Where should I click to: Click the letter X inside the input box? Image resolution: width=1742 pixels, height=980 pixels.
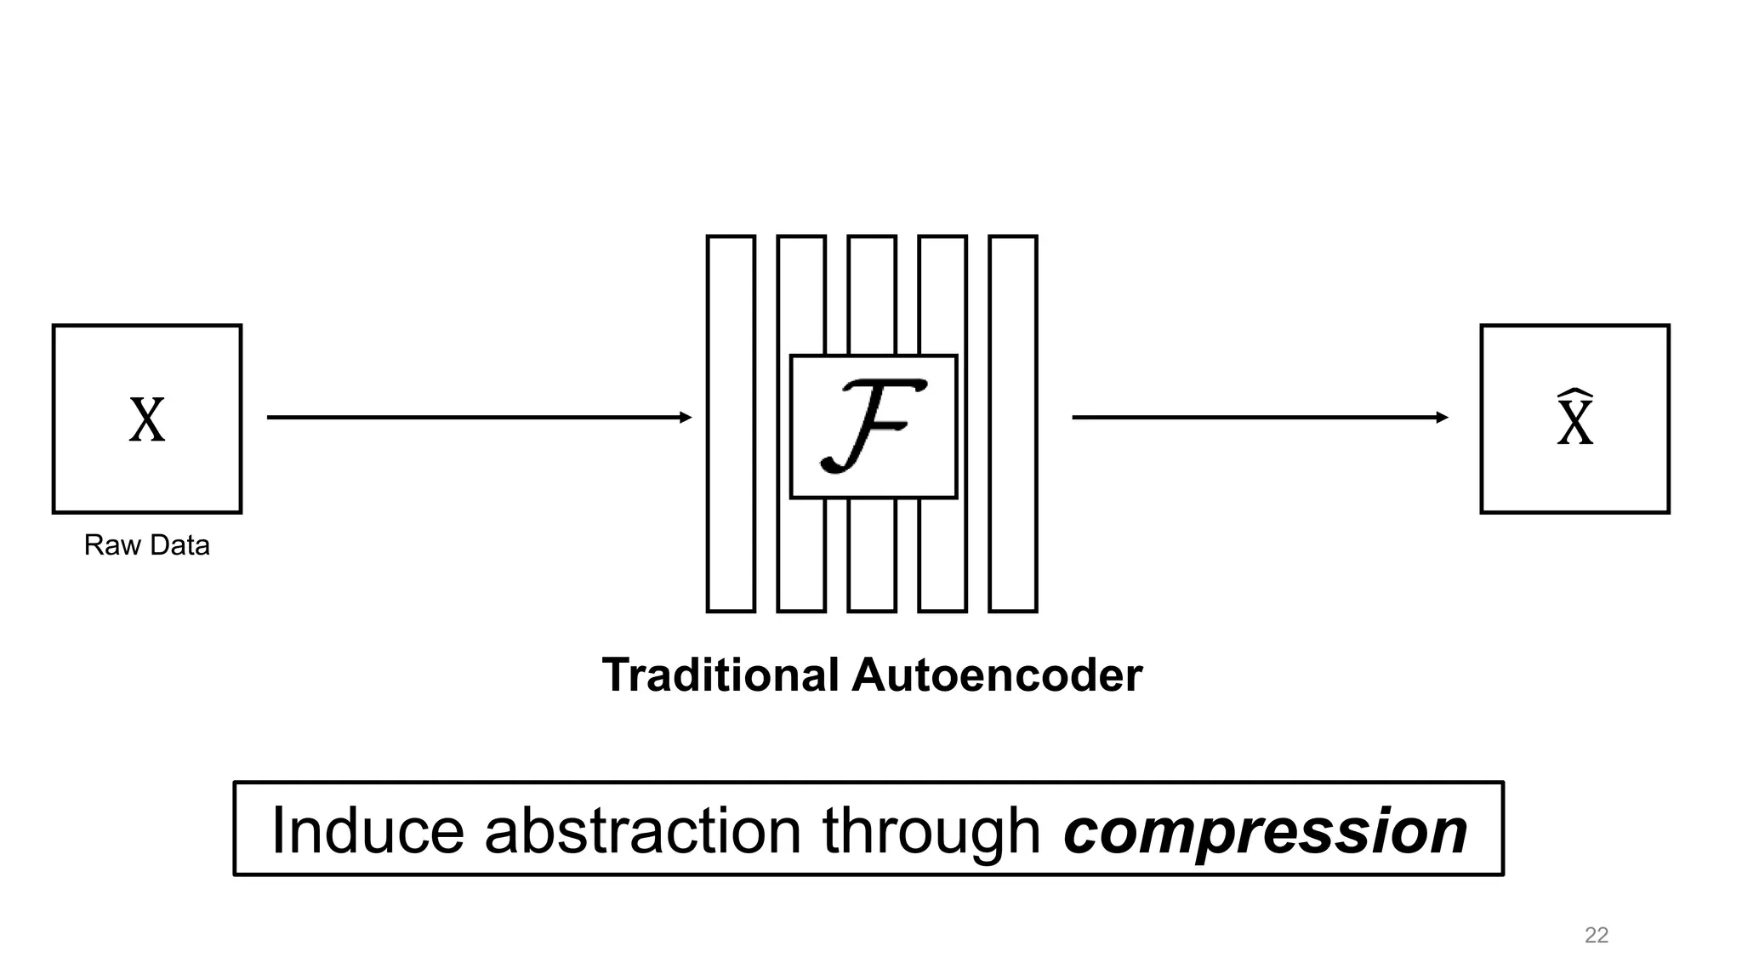pyautogui.click(x=147, y=420)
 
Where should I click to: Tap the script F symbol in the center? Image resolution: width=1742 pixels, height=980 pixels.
pyautogui.click(x=873, y=425)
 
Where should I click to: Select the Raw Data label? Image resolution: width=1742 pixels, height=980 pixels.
pyautogui.click(x=146, y=545)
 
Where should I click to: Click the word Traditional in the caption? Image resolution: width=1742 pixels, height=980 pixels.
pyautogui.click(x=720, y=675)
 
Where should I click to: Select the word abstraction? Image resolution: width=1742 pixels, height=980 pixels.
pyautogui.click(x=643, y=830)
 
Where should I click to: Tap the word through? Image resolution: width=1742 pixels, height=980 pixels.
pyautogui.click(x=931, y=830)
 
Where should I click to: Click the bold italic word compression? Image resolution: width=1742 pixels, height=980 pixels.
pyautogui.click(x=1265, y=830)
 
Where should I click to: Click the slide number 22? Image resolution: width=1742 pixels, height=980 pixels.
pyautogui.click(x=1597, y=936)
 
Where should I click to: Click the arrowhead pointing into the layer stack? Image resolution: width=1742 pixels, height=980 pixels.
pyautogui.click(x=686, y=417)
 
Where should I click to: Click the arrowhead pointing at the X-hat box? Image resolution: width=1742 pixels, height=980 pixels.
pyautogui.click(x=1442, y=417)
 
